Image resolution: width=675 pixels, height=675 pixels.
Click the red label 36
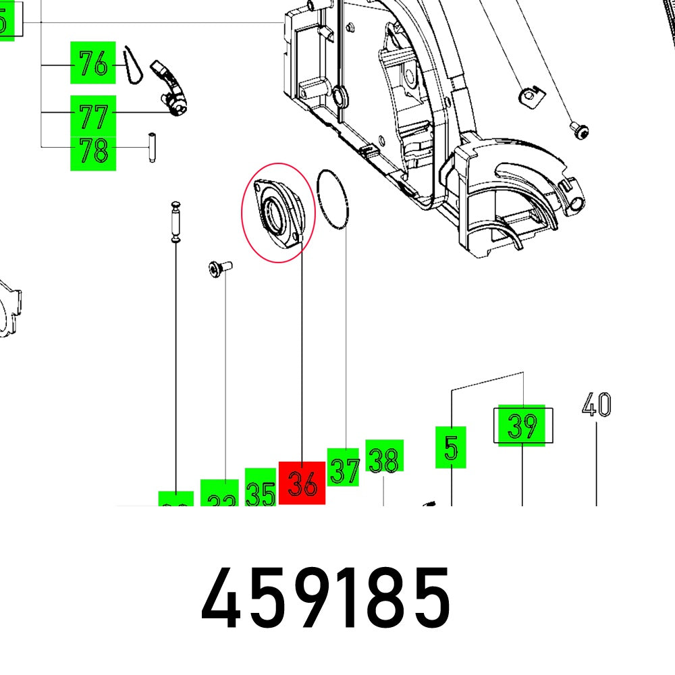(302, 483)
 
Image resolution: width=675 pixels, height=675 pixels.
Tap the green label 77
(93, 115)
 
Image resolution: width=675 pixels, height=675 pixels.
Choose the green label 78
(93, 152)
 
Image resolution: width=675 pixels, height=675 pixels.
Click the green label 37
(344, 467)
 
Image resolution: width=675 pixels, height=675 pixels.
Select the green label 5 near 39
(451, 447)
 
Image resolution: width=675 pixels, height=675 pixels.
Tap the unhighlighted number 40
(596, 406)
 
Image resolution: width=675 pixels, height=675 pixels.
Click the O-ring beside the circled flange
(333, 200)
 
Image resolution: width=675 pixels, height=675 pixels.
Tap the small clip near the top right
(529, 96)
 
